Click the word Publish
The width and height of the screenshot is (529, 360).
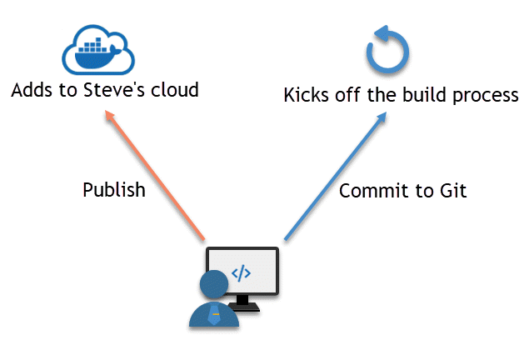coord(114,190)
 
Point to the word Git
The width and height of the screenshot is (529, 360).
coord(452,191)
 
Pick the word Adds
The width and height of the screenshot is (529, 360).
coord(31,89)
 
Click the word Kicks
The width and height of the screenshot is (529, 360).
coord(307,94)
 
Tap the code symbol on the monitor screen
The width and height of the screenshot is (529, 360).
coord(241,272)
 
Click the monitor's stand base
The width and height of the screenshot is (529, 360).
coord(243,307)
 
